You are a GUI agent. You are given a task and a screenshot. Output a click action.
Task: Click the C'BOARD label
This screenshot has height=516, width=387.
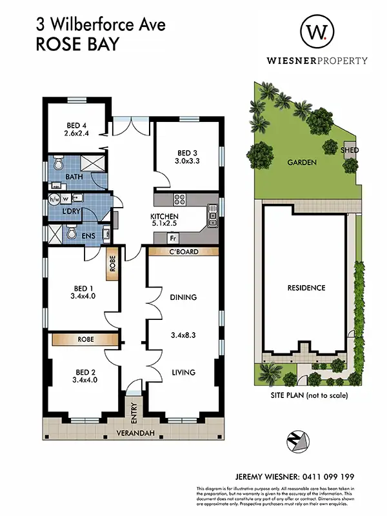tap(183, 252)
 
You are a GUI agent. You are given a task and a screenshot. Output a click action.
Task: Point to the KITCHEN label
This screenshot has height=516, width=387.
tap(164, 216)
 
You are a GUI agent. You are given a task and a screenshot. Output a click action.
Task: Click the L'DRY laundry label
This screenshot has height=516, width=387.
tap(71, 212)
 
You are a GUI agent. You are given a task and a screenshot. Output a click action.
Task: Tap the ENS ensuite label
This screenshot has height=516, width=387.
tap(88, 236)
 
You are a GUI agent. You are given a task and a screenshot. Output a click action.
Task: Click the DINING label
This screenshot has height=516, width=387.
tap(183, 297)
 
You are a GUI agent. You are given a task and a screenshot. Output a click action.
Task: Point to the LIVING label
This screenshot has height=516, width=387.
tap(183, 372)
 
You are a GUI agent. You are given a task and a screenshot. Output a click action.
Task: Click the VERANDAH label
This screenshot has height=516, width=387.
tap(135, 433)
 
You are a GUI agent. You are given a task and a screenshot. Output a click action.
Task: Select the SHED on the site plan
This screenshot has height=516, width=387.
tap(350, 150)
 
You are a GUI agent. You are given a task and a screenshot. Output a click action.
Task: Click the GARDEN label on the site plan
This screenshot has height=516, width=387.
tap(302, 163)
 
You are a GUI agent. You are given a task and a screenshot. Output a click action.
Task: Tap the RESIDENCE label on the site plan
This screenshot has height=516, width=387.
tap(306, 288)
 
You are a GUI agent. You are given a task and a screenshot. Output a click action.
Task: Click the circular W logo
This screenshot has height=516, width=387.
tap(317, 31)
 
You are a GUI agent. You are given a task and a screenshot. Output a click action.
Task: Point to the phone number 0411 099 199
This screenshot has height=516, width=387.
tap(328, 477)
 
